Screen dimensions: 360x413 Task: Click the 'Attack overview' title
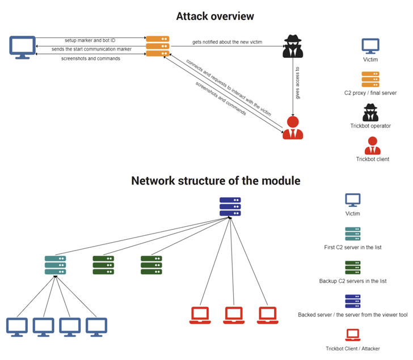tap(215, 16)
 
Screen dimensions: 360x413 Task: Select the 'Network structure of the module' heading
tap(216, 181)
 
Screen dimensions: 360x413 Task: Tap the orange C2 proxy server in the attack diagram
tap(158, 46)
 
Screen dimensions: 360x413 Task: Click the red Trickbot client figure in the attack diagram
tap(293, 128)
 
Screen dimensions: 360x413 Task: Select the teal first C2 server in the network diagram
tap(55, 265)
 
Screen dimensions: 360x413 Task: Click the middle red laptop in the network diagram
tap(233, 314)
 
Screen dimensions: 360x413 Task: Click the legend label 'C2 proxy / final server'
tap(370, 92)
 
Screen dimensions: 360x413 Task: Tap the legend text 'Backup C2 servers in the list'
tap(353, 281)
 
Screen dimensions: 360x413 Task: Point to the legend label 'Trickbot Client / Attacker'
tap(353, 349)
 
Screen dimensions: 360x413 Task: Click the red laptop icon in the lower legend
tap(353, 334)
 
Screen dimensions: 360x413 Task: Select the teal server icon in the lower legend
tap(353, 234)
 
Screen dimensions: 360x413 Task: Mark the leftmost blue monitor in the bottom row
tap(16, 325)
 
